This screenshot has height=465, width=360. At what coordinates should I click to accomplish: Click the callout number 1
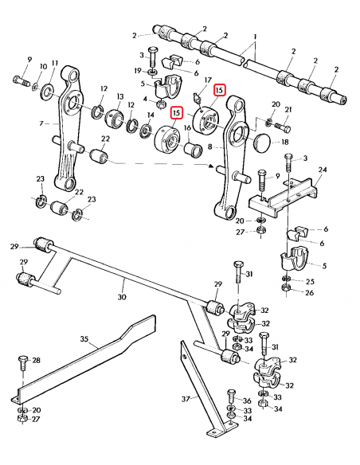[255, 38]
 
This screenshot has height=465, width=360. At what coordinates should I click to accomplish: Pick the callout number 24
[323, 170]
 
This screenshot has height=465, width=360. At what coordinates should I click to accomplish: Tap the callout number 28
[35, 361]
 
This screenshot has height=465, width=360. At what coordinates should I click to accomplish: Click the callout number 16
[187, 126]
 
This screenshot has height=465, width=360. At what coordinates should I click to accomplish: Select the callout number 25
[308, 282]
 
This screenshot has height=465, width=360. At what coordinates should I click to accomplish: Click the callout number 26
[308, 293]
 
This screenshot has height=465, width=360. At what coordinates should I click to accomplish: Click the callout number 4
[145, 99]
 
